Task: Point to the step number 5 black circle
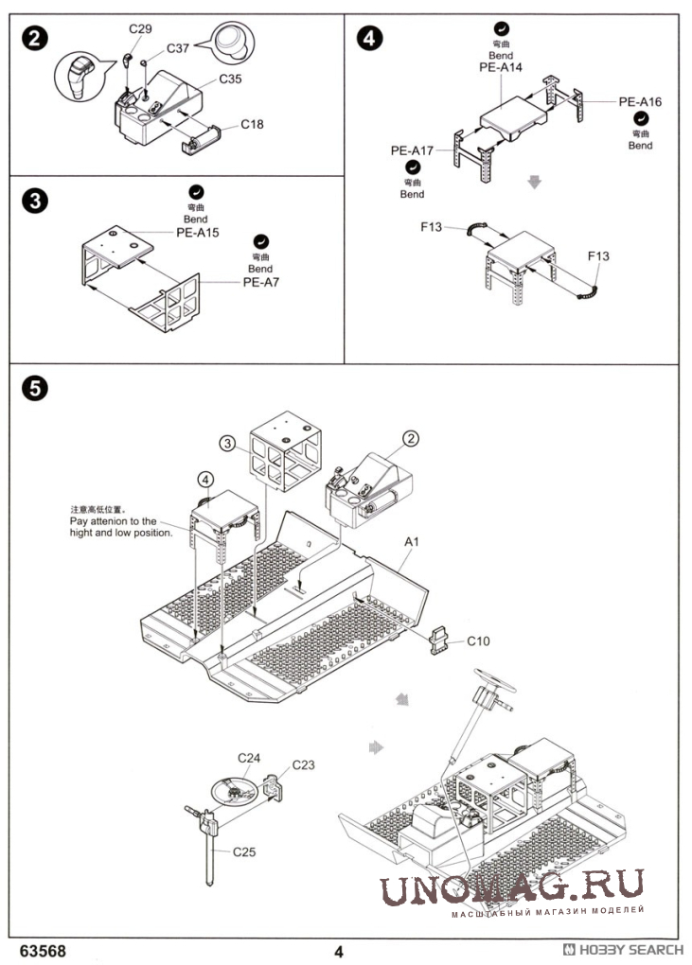34,387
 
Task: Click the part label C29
140,30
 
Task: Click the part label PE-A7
261,281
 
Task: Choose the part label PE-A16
640,102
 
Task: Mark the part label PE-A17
412,150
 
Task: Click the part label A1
411,542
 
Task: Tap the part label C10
478,641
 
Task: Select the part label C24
249,758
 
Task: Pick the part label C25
243,851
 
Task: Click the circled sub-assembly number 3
227,443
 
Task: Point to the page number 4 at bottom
338,952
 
